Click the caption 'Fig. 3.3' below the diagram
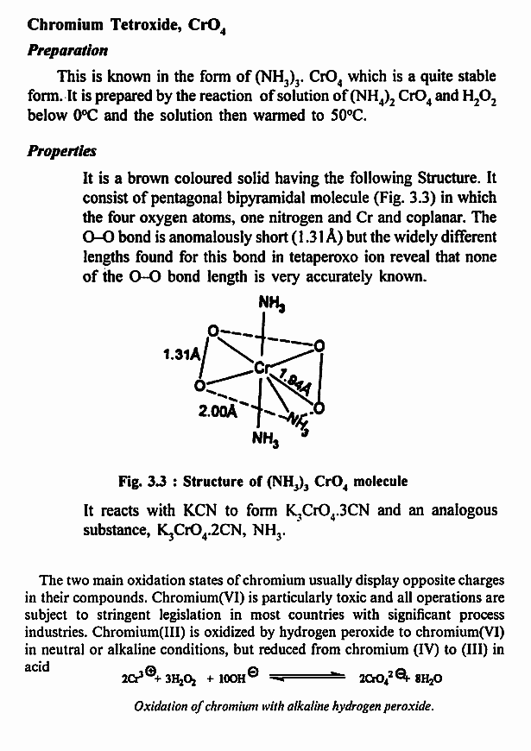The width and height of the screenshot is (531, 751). click(x=143, y=480)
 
